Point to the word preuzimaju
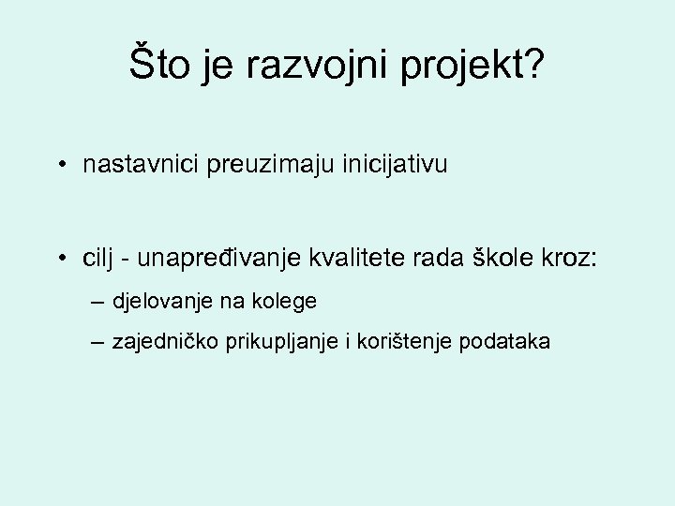pyautogui.click(x=286, y=166)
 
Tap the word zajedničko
pyautogui.click(x=165, y=342)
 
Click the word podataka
pyautogui.click(x=505, y=342)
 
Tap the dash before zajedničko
pyautogui.click(x=98, y=343)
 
